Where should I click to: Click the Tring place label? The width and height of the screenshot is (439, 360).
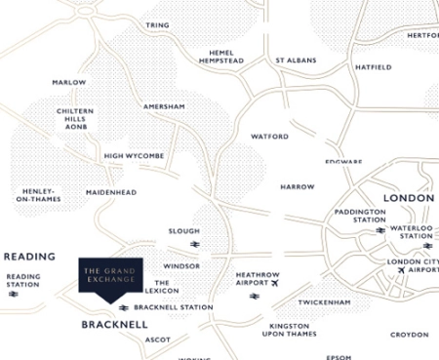[x=157, y=24]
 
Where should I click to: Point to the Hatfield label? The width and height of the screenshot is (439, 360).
[x=374, y=67]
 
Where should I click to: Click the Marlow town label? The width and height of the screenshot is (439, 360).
[x=69, y=83]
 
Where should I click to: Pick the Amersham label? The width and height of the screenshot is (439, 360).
[x=164, y=105]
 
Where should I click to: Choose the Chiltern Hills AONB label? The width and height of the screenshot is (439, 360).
[x=75, y=120]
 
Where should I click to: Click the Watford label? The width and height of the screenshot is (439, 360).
[x=270, y=137]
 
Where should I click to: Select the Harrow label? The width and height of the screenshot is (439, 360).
[x=298, y=185]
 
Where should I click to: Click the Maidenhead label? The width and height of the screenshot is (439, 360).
[x=111, y=192]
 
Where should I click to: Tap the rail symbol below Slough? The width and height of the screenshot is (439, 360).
[x=195, y=244]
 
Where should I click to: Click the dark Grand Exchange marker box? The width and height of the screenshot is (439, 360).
[x=109, y=275]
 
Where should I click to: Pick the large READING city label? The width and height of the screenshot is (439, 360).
[x=29, y=257]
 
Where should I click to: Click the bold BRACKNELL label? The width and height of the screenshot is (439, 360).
[x=114, y=323]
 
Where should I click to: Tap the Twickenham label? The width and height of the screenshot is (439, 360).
[x=324, y=302]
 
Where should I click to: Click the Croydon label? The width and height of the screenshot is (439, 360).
[x=409, y=335]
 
